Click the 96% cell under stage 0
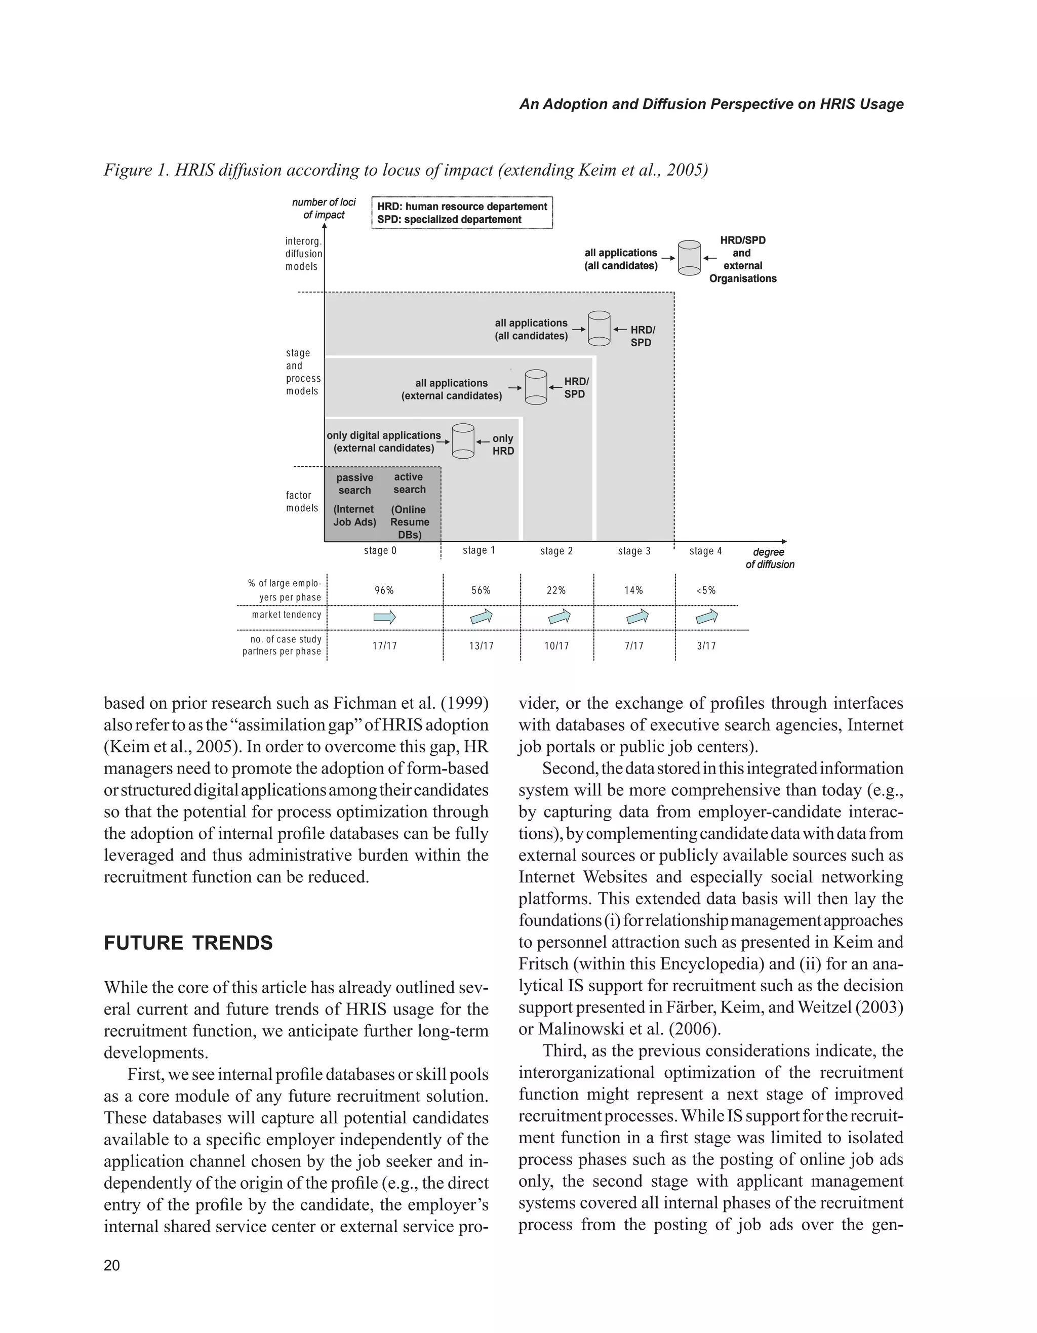tap(384, 590)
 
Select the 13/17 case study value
tap(481, 646)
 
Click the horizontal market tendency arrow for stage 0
tap(384, 617)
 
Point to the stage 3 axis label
tap(634, 551)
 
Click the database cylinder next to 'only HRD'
tap(463, 440)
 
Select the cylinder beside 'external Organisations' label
tap(690, 258)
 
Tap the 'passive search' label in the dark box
tap(354, 483)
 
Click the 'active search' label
tap(409, 483)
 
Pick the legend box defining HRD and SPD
tap(462, 213)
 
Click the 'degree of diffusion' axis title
tap(770, 558)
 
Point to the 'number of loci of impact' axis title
tap(324, 208)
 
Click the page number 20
tap(112, 1265)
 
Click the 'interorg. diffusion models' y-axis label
tap(303, 253)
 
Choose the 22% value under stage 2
tap(556, 590)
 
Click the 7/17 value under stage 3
tap(634, 646)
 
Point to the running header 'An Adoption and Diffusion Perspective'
tap(711, 104)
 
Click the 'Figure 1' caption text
tap(405, 170)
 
